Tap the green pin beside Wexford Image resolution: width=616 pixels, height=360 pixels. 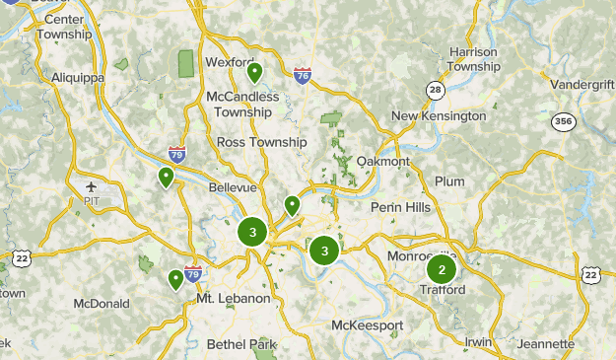coord(254,72)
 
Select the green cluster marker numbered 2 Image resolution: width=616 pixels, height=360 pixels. coord(442,269)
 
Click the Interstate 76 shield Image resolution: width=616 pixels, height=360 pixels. coord(303,75)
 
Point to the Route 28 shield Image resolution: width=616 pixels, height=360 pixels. coord(435,90)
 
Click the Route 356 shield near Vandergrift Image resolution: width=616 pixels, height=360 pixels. coord(563,122)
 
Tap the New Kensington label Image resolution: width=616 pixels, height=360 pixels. coord(439,116)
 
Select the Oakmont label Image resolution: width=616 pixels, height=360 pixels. coord(382,161)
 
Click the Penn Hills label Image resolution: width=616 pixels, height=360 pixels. coord(401,207)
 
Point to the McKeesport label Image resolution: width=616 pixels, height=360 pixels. coord(367,324)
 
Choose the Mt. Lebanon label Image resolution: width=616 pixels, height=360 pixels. coord(234,298)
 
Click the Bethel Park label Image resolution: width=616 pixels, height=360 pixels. coord(242,344)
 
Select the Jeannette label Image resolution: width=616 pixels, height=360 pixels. coord(545,344)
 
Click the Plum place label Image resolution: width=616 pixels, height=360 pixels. coord(449,181)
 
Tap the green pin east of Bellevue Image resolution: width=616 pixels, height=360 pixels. coord(292,205)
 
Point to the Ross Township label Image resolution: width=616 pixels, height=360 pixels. coord(261,142)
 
